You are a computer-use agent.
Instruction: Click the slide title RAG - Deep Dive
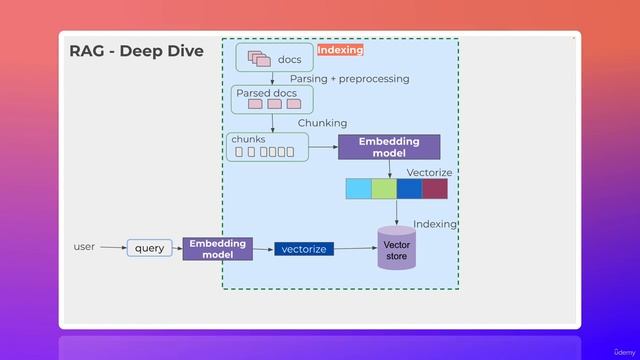point(136,51)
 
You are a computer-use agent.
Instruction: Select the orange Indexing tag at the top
point(340,50)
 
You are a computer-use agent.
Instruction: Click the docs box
point(273,58)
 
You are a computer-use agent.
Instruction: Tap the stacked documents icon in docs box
point(259,58)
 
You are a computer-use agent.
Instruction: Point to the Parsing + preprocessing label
point(349,78)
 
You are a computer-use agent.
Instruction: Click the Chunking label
point(322,123)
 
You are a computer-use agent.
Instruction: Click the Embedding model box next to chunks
point(389,147)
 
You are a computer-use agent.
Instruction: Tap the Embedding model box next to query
point(217,249)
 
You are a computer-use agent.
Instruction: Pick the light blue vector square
point(358,189)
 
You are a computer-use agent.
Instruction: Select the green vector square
point(384,189)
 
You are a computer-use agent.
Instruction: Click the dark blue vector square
point(409,189)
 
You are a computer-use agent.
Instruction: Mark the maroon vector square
point(435,189)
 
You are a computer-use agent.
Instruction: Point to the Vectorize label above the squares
point(429,173)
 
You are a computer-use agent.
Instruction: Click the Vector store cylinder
point(397,249)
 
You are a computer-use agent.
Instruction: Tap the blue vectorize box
point(304,249)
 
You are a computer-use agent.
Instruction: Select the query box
point(150,248)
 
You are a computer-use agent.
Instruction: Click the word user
point(84,246)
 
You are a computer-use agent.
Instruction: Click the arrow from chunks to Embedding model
point(322,147)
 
